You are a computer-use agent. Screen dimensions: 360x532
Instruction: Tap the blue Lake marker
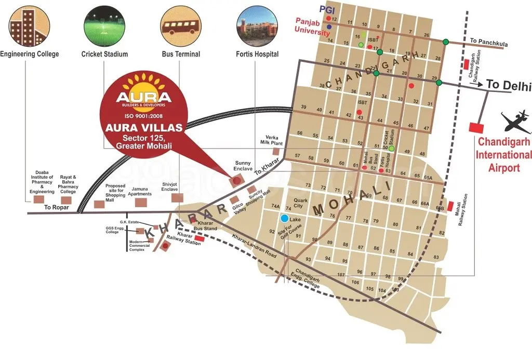pyautogui.click(x=285, y=219)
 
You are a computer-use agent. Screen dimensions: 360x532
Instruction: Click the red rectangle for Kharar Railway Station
pyautogui.click(x=199, y=239)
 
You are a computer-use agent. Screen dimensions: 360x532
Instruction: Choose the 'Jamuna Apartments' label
pyautogui.click(x=141, y=191)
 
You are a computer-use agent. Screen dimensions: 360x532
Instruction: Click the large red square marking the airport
pyautogui.click(x=475, y=127)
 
